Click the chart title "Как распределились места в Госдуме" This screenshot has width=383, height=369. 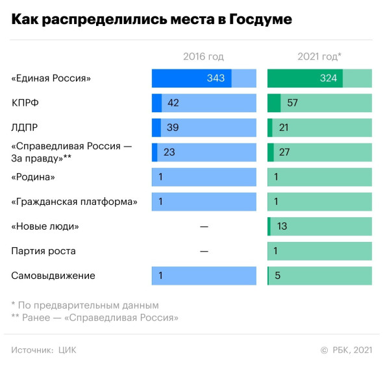tap(151, 19)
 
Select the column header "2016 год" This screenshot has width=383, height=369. tap(204, 56)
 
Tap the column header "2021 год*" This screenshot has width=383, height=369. tap(319, 56)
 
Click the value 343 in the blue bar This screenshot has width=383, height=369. tap(216, 78)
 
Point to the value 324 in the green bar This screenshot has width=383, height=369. tap(328, 78)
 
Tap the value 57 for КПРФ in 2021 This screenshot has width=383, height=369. tap(292, 103)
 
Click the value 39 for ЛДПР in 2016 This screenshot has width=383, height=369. tap(173, 128)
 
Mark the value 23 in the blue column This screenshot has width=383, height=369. tap(169, 152)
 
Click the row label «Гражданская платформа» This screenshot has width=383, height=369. tap(74, 202)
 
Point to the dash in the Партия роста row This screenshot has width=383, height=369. tap(204, 251)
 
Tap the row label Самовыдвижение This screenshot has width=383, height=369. tap(53, 276)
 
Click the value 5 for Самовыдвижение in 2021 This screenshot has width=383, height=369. tap(278, 276)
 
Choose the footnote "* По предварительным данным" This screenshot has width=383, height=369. tap(85, 305)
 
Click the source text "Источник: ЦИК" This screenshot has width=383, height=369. tap(43, 350)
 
